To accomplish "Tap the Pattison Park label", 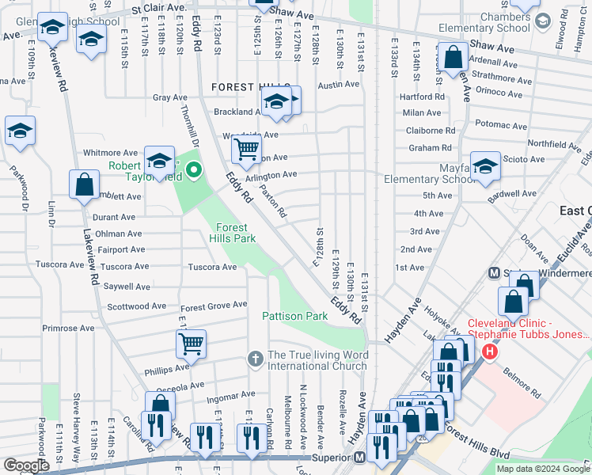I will coord(294,316).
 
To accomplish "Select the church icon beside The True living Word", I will coord(255,359).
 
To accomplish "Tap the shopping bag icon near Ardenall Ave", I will coord(454,57).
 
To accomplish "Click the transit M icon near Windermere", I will coord(494,273).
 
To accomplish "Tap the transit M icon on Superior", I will coord(359,457).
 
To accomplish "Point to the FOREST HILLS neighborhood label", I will coord(249,87).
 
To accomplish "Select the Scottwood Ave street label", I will coord(136,306).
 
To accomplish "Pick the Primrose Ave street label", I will coord(68,328).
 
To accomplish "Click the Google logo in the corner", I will coord(26,465).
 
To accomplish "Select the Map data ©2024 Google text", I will coord(542,469).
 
